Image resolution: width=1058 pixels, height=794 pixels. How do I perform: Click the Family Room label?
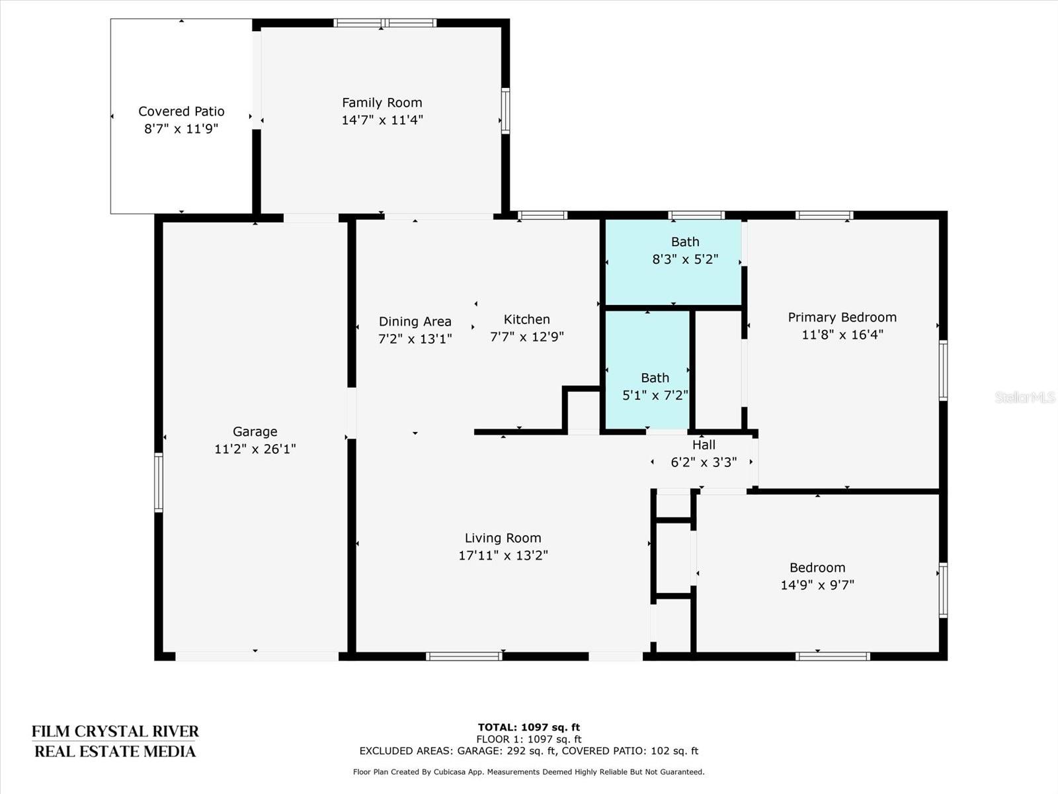coord(382,103)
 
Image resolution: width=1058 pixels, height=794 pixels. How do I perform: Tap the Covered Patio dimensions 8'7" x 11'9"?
coord(181,129)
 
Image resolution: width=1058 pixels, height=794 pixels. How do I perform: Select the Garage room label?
coord(255,431)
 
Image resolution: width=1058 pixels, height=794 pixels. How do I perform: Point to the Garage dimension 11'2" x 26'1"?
coord(255,449)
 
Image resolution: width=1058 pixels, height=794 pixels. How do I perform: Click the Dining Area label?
coord(415,322)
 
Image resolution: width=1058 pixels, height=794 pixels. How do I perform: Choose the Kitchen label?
coord(527,319)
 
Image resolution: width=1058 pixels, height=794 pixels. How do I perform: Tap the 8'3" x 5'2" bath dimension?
coord(685,259)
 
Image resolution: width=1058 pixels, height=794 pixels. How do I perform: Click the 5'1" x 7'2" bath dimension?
coord(655,395)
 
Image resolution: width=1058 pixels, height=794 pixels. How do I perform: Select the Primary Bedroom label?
coord(842,317)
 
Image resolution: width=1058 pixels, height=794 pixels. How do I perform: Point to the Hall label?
coord(704,445)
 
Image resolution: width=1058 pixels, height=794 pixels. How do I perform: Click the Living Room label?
coord(503,538)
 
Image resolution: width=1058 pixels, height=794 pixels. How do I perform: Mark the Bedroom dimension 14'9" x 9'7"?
coord(817,585)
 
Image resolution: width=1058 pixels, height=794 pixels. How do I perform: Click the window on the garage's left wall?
coord(159,482)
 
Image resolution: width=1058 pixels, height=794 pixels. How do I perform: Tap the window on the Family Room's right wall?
coord(505,111)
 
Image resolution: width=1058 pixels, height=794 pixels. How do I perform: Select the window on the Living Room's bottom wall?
coord(464,656)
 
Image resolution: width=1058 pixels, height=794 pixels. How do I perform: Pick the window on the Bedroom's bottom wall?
coord(833,656)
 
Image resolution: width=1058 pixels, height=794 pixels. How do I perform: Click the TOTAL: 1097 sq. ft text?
coord(529,727)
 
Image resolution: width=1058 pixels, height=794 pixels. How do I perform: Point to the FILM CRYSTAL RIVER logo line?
coord(115,731)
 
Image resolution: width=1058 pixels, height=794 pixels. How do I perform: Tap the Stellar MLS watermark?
coord(1025,397)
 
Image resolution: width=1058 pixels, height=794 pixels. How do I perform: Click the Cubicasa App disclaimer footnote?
coord(529,772)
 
